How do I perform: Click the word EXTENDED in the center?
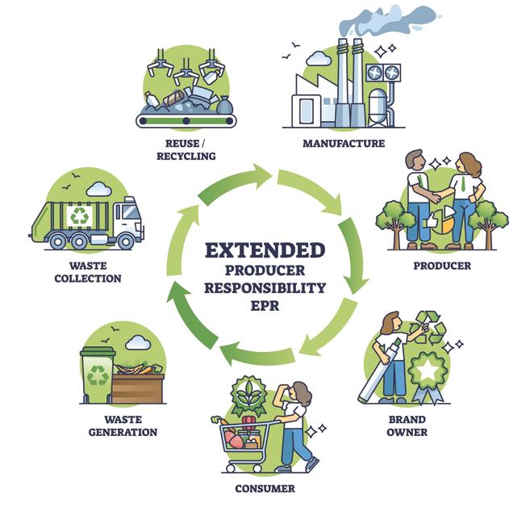pos(265,249)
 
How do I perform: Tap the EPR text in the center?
pos(265,305)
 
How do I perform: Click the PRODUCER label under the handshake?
pos(441,265)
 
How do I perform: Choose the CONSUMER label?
pos(265,488)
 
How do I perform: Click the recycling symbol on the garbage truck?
pos(79,216)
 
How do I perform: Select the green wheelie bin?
pos(97,375)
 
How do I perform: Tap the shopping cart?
pos(243,441)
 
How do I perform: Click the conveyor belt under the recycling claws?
pos(186,120)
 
